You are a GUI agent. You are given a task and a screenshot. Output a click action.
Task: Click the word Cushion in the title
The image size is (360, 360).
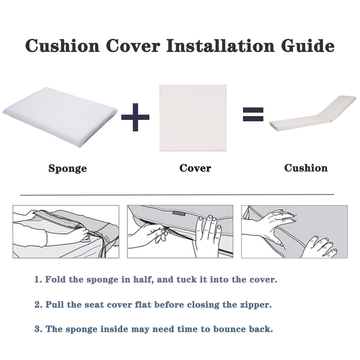point(62,45)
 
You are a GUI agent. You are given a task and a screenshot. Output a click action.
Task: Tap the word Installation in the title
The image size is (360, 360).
point(220,45)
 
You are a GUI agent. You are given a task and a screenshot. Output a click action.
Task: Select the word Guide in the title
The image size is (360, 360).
point(308,45)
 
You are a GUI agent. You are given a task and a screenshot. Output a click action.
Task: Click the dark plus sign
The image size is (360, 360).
point(135,117)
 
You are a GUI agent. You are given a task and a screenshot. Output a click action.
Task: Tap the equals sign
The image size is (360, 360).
point(253,114)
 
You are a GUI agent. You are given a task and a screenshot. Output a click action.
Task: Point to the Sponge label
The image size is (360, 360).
point(68,168)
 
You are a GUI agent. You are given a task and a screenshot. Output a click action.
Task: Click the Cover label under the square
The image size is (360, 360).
point(195,168)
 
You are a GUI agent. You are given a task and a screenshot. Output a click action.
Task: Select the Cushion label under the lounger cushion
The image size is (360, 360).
point(306,168)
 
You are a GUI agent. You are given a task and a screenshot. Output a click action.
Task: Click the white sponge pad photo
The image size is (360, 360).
point(60,117)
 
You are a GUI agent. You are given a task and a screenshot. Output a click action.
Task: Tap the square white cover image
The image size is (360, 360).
point(193,118)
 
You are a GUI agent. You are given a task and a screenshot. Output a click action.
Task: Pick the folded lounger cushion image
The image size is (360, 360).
point(313,113)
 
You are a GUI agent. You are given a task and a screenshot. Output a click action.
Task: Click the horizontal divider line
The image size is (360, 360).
point(177,195)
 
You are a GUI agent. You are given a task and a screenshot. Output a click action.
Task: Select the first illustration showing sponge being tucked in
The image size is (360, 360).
point(66,231)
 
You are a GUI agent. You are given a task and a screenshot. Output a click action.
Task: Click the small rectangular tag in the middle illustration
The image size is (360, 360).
point(179,213)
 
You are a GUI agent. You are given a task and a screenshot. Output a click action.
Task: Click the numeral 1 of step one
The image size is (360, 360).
point(37,279)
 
